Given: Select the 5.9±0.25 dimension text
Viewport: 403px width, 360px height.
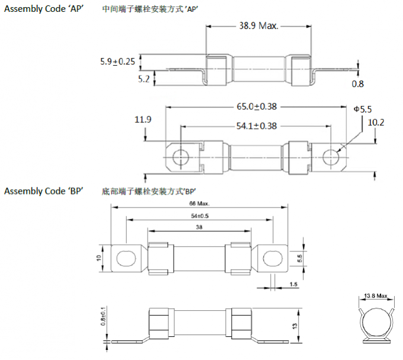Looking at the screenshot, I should [118, 60].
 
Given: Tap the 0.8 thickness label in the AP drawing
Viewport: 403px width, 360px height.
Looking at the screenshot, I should [358, 84].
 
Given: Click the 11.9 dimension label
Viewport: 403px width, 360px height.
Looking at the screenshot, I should [143, 120].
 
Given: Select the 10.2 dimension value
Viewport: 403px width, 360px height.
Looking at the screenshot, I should [376, 123].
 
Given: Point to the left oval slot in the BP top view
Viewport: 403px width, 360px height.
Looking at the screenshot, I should [126, 259].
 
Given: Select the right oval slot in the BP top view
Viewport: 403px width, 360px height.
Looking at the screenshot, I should [270, 259].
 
